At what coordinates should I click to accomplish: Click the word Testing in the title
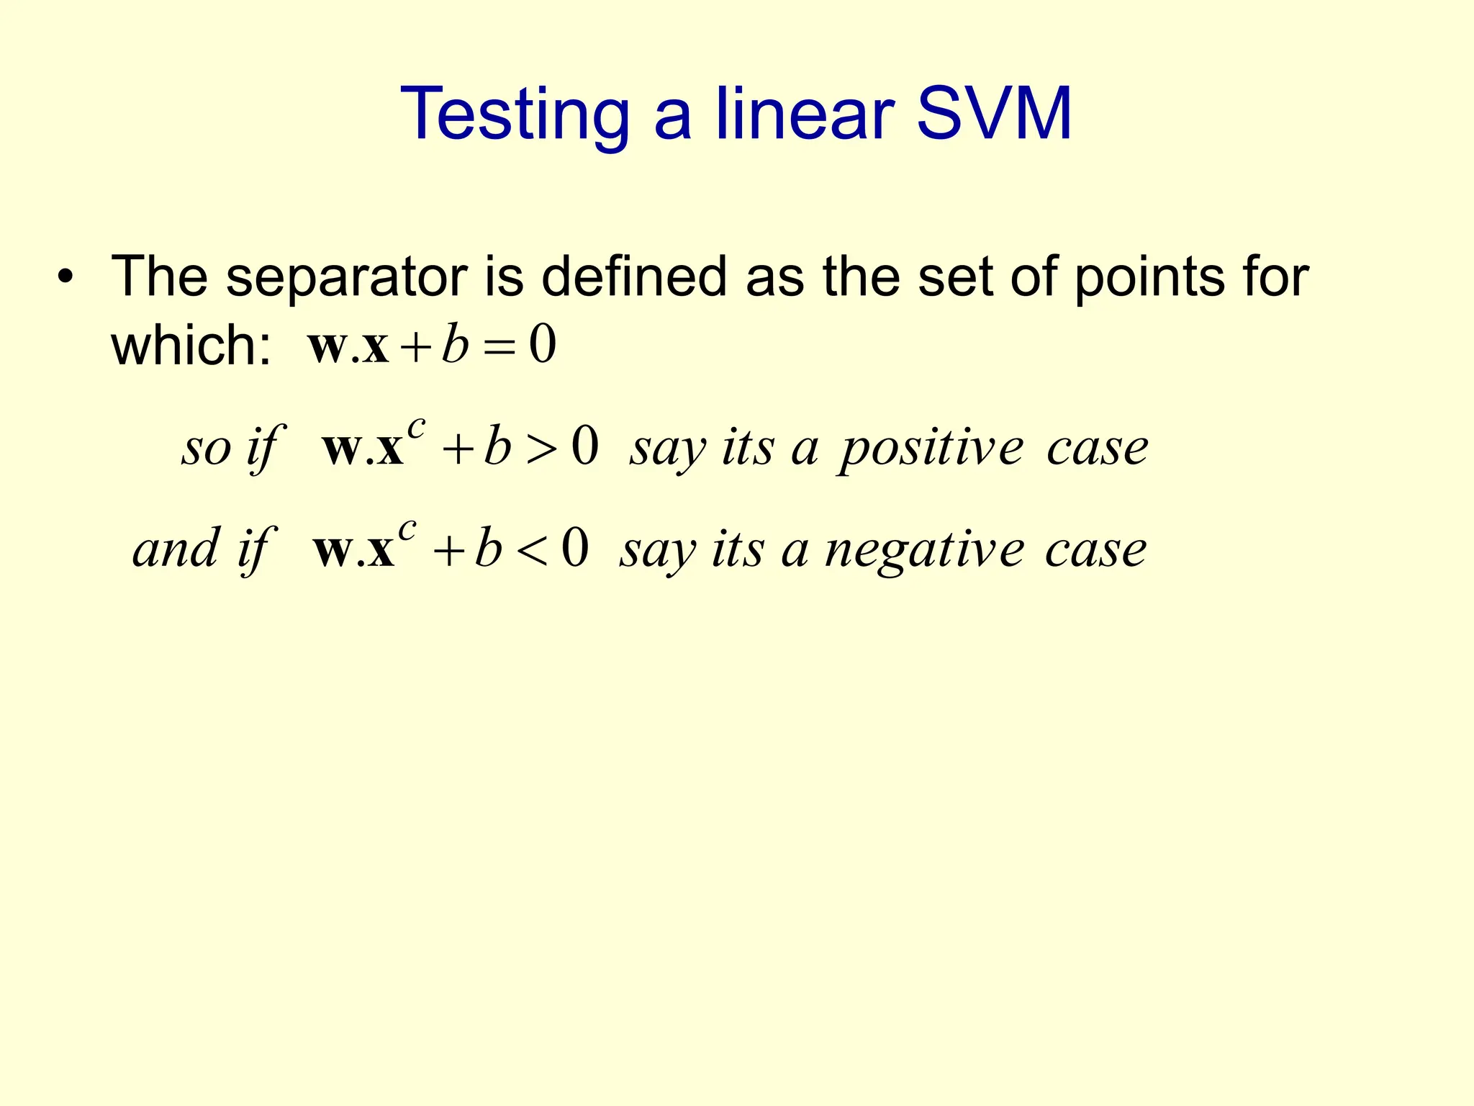[515, 115]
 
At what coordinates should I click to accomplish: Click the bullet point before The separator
[65, 279]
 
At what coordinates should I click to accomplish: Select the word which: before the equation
[191, 346]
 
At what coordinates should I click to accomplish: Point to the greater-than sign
[541, 449]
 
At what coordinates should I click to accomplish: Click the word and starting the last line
[176, 550]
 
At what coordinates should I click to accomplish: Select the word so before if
[206, 449]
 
